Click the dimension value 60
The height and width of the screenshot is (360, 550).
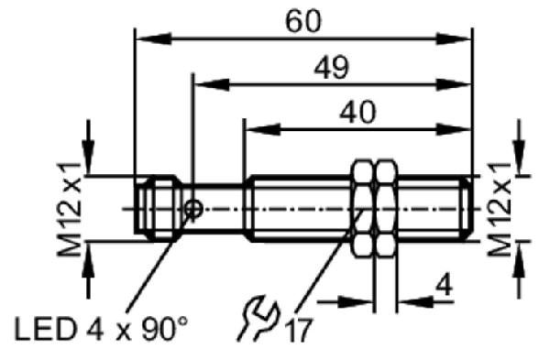[x=303, y=21]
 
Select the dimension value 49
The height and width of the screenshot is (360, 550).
[x=332, y=67]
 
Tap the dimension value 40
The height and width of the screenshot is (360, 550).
[x=357, y=112]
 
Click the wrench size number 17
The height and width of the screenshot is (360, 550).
[x=299, y=330]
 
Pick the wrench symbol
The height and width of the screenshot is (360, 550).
[x=258, y=318]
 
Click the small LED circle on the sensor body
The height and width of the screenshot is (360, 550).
[x=193, y=209]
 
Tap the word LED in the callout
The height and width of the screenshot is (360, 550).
[x=45, y=329]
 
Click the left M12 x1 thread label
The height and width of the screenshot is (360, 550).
[x=69, y=209]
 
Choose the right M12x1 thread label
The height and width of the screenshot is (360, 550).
[x=500, y=209]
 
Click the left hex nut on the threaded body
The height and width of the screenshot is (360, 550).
[x=363, y=208]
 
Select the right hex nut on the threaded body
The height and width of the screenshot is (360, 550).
[x=386, y=208]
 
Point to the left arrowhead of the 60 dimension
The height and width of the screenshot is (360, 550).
[x=154, y=38]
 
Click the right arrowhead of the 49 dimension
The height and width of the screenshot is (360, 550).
[x=453, y=84]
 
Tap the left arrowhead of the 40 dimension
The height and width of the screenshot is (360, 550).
[x=263, y=129]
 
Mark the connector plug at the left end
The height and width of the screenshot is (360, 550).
[x=158, y=208]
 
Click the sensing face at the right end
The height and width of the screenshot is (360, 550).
[x=469, y=208]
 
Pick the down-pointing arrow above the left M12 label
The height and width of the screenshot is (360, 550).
[x=88, y=147]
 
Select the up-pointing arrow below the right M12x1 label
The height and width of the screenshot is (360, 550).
[x=519, y=270]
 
